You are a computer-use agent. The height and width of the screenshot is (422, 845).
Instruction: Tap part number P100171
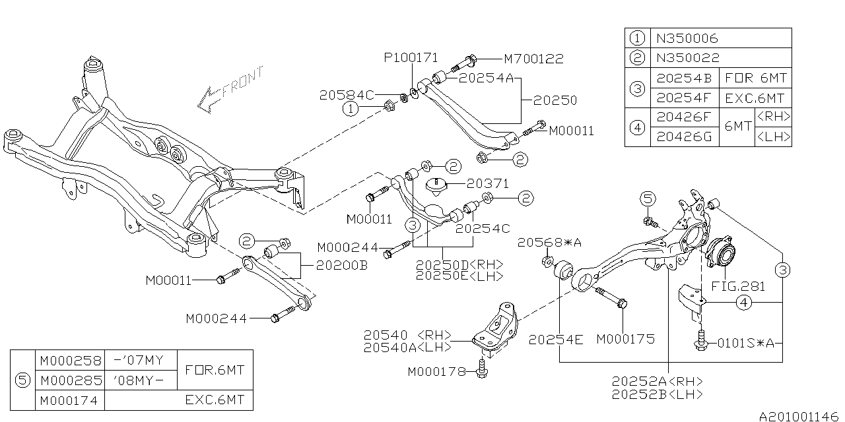coord(411,58)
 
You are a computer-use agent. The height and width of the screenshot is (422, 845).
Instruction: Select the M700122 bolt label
coord(533,59)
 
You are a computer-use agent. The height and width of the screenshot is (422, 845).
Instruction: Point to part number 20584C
coord(347,94)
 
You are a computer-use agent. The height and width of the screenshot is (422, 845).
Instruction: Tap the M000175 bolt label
coord(625,339)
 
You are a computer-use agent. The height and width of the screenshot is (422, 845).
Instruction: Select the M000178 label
coord(438,371)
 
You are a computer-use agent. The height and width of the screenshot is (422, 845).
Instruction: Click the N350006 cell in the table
coord(687,38)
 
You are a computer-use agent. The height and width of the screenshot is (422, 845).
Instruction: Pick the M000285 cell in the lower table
coord(71,380)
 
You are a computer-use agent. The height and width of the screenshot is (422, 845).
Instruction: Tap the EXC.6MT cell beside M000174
coord(215,400)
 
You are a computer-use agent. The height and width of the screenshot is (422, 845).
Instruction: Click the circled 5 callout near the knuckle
coord(648,198)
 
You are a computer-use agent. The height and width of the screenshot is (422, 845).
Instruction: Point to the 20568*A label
coord(549,243)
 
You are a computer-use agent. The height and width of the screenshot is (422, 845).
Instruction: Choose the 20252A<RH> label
coord(656,382)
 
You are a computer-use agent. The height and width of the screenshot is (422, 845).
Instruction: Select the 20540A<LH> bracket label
coord(407,346)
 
